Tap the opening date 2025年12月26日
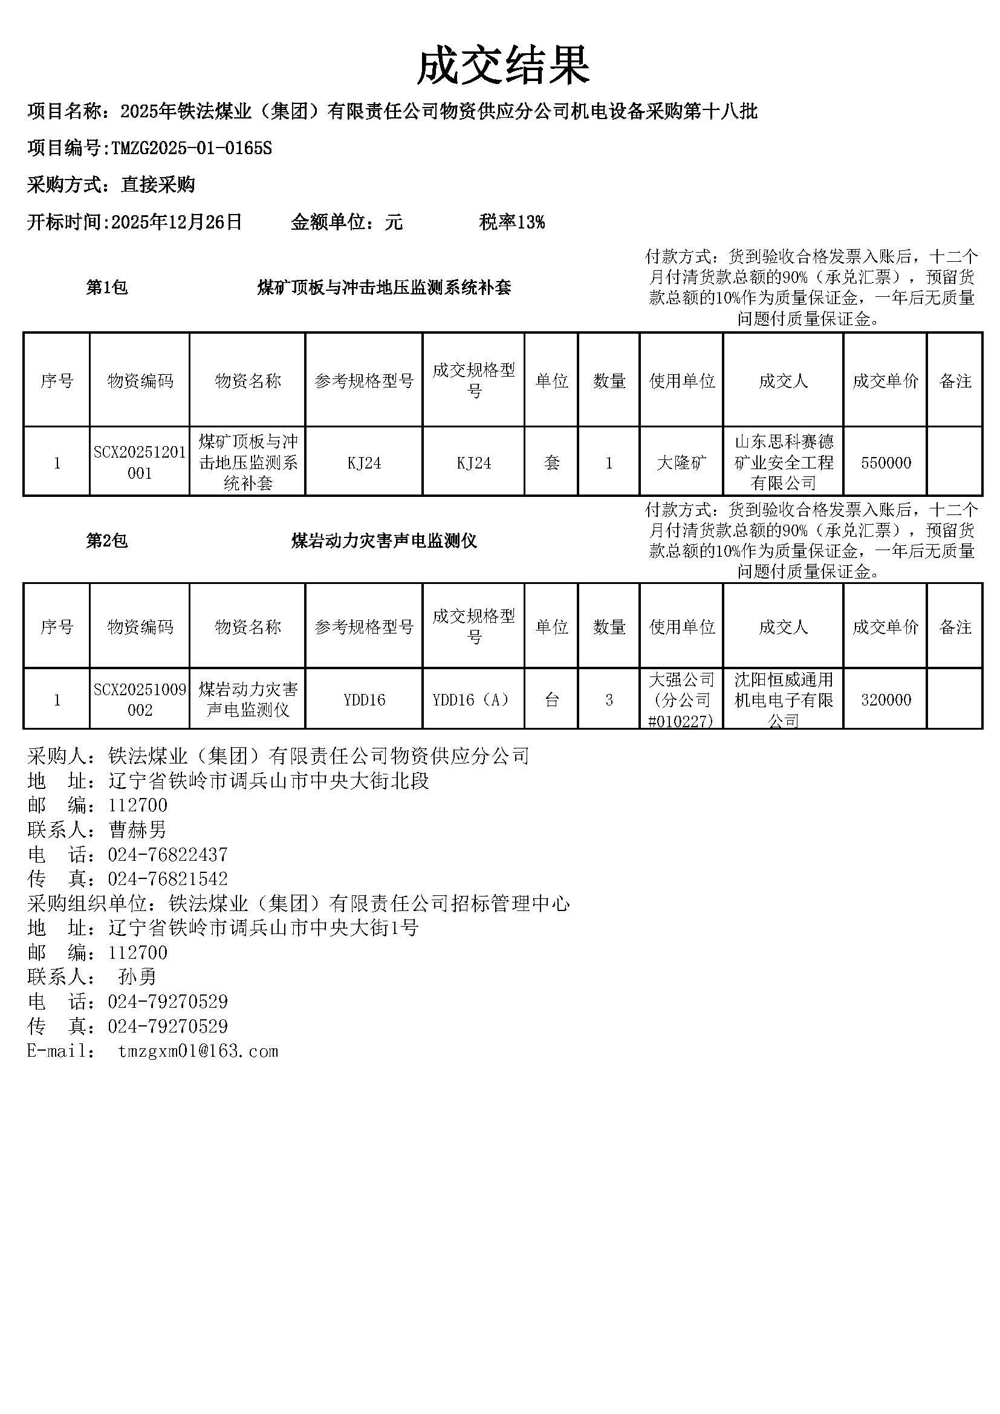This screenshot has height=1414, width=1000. [177, 222]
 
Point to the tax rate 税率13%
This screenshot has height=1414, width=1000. [511, 222]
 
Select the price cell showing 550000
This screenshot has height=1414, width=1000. [886, 462]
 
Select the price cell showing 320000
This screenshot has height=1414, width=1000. [886, 699]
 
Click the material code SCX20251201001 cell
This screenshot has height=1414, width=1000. [140, 462]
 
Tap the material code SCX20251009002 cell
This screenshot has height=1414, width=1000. [140, 699]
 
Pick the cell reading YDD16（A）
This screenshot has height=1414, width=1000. [473, 699]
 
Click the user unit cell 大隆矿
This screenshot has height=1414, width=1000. [681, 462]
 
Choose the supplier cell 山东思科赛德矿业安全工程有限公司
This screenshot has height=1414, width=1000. [783, 462]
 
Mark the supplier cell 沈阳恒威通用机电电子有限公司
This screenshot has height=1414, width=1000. [783, 699]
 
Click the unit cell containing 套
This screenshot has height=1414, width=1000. [551, 462]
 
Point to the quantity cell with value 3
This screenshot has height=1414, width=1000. [609, 699]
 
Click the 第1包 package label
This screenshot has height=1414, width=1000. [106, 288]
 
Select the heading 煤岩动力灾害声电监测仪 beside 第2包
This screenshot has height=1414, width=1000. [384, 541]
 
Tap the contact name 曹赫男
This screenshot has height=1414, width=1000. [137, 829]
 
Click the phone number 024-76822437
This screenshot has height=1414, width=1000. [167, 854]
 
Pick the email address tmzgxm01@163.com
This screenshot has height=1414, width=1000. [198, 1051]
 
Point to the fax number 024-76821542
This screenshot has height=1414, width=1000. [167, 879]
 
